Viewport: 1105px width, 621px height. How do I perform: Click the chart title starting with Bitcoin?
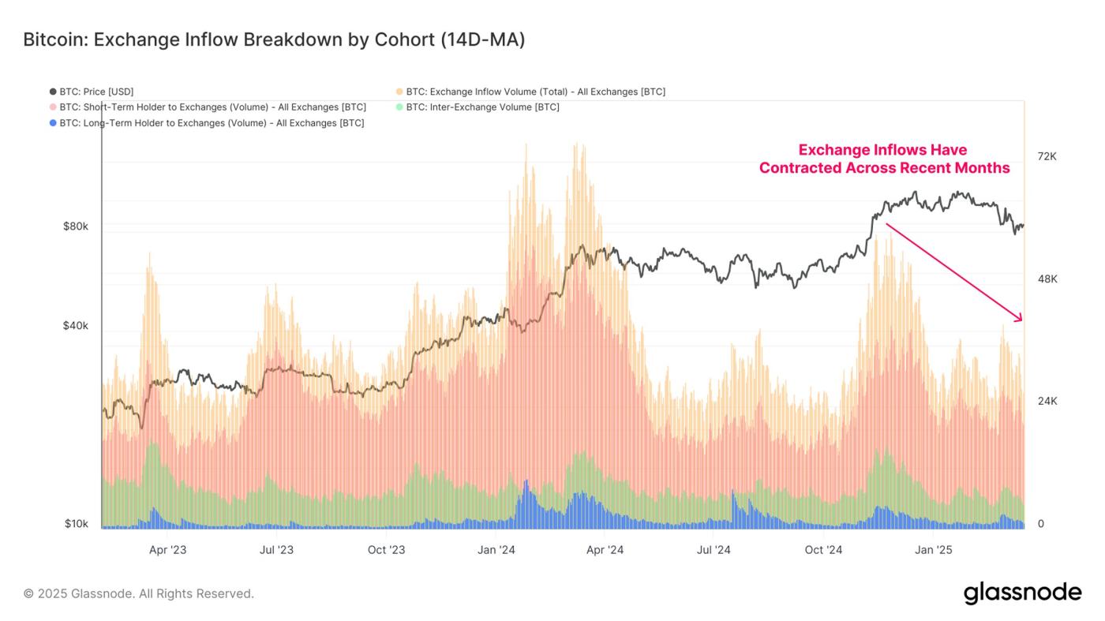pos(274,39)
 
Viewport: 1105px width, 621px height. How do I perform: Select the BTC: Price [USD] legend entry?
pos(97,92)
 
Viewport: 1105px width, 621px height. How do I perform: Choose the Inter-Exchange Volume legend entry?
pos(482,107)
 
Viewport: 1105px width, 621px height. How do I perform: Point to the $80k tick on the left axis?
pos(76,226)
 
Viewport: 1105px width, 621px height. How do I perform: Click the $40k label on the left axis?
pos(76,326)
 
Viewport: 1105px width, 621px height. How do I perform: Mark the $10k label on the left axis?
pos(77,524)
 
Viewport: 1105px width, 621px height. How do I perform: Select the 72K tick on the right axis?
pos(1047,156)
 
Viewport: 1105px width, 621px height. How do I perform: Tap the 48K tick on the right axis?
pos(1047,279)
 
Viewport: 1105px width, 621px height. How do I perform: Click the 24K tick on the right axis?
pos(1047,401)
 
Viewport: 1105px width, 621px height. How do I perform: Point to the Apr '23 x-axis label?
pos(168,550)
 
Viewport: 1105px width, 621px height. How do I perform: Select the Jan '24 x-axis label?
pos(496,550)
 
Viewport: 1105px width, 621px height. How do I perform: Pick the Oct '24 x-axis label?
pos(825,550)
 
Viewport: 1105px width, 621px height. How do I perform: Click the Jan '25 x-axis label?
pos(935,550)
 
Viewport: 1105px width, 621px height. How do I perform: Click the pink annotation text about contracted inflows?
pos(884,159)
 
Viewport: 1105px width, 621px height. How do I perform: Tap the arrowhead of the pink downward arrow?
pos(1019,318)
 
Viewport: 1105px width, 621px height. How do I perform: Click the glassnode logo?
pos(1022,593)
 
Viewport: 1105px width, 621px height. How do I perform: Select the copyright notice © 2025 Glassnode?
pos(139,593)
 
